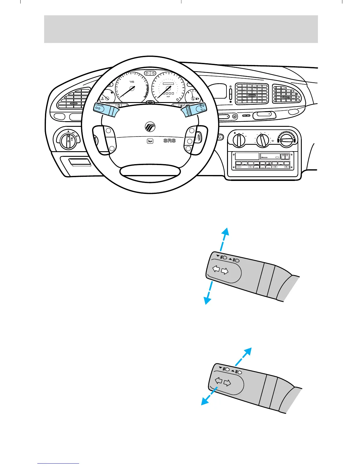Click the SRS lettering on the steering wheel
[x=169, y=141]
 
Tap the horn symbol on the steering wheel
[x=150, y=141]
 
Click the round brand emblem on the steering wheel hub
[x=150, y=127]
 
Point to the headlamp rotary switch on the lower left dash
[x=68, y=141]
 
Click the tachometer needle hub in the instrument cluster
[x=132, y=88]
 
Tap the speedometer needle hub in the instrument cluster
[x=168, y=88]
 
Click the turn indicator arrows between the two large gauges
[x=150, y=73]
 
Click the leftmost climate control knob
[x=239, y=140]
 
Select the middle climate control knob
[x=262, y=140]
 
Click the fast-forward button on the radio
[x=287, y=155]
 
